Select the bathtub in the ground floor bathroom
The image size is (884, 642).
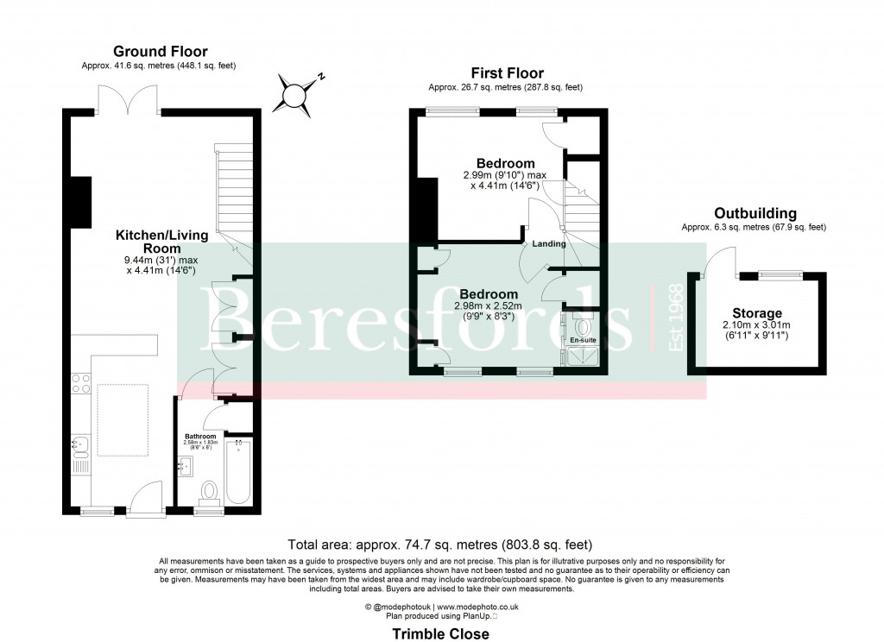[238, 471]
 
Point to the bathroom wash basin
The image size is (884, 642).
[184, 467]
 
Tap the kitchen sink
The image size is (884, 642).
[79, 445]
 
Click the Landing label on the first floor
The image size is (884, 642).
[549, 243]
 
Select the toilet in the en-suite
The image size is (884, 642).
[581, 325]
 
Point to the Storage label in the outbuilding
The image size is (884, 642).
[757, 313]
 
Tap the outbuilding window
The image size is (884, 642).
[780, 274]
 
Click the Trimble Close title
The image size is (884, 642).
[441, 633]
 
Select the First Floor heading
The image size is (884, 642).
[507, 73]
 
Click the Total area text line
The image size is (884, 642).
[441, 544]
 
